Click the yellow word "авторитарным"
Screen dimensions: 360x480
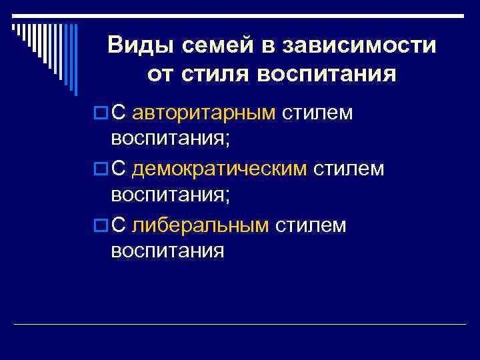click(204, 113)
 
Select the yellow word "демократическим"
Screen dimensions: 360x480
click(219, 169)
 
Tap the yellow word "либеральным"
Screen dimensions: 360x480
click(201, 225)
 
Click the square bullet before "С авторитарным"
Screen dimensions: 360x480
click(100, 114)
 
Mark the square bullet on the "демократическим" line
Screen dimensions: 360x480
click(100, 170)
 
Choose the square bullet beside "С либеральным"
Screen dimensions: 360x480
click(100, 226)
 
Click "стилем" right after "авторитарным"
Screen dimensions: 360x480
click(317, 113)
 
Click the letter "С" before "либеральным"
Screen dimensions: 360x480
click(119, 225)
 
